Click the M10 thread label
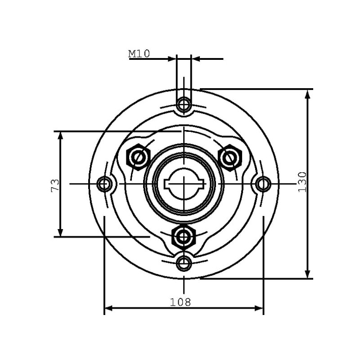[139, 54]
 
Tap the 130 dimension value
[302, 182]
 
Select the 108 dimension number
[180, 302]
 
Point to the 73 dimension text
[55, 186]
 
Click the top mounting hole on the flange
[184, 105]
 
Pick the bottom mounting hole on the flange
[184, 263]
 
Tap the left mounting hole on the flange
[104, 184]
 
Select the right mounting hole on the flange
[263, 184]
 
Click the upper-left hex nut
[138, 157]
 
